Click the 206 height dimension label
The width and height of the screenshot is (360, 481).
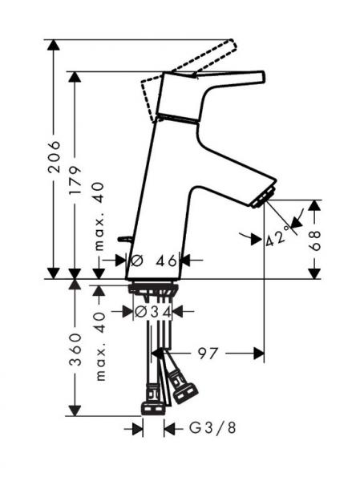[x=55, y=156]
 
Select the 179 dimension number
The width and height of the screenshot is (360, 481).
[x=75, y=180]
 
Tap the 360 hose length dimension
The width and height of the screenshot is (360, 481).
[x=75, y=350]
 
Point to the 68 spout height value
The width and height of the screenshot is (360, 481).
[x=314, y=240]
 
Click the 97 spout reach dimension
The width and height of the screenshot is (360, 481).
[x=208, y=354]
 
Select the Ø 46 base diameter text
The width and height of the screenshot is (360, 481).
[x=154, y=261]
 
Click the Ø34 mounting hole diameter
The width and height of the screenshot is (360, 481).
[x=153, y=312]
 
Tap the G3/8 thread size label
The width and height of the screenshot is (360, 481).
[x=212, y=428]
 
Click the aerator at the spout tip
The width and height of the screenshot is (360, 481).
[x=263, y=197]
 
